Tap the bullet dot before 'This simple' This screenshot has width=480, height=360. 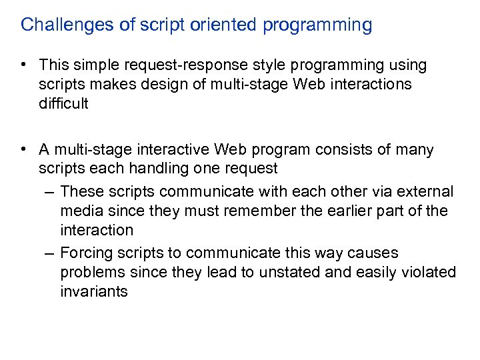(24, 65)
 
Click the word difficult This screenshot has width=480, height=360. (63, 103)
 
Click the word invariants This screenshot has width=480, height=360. (93, 291)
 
